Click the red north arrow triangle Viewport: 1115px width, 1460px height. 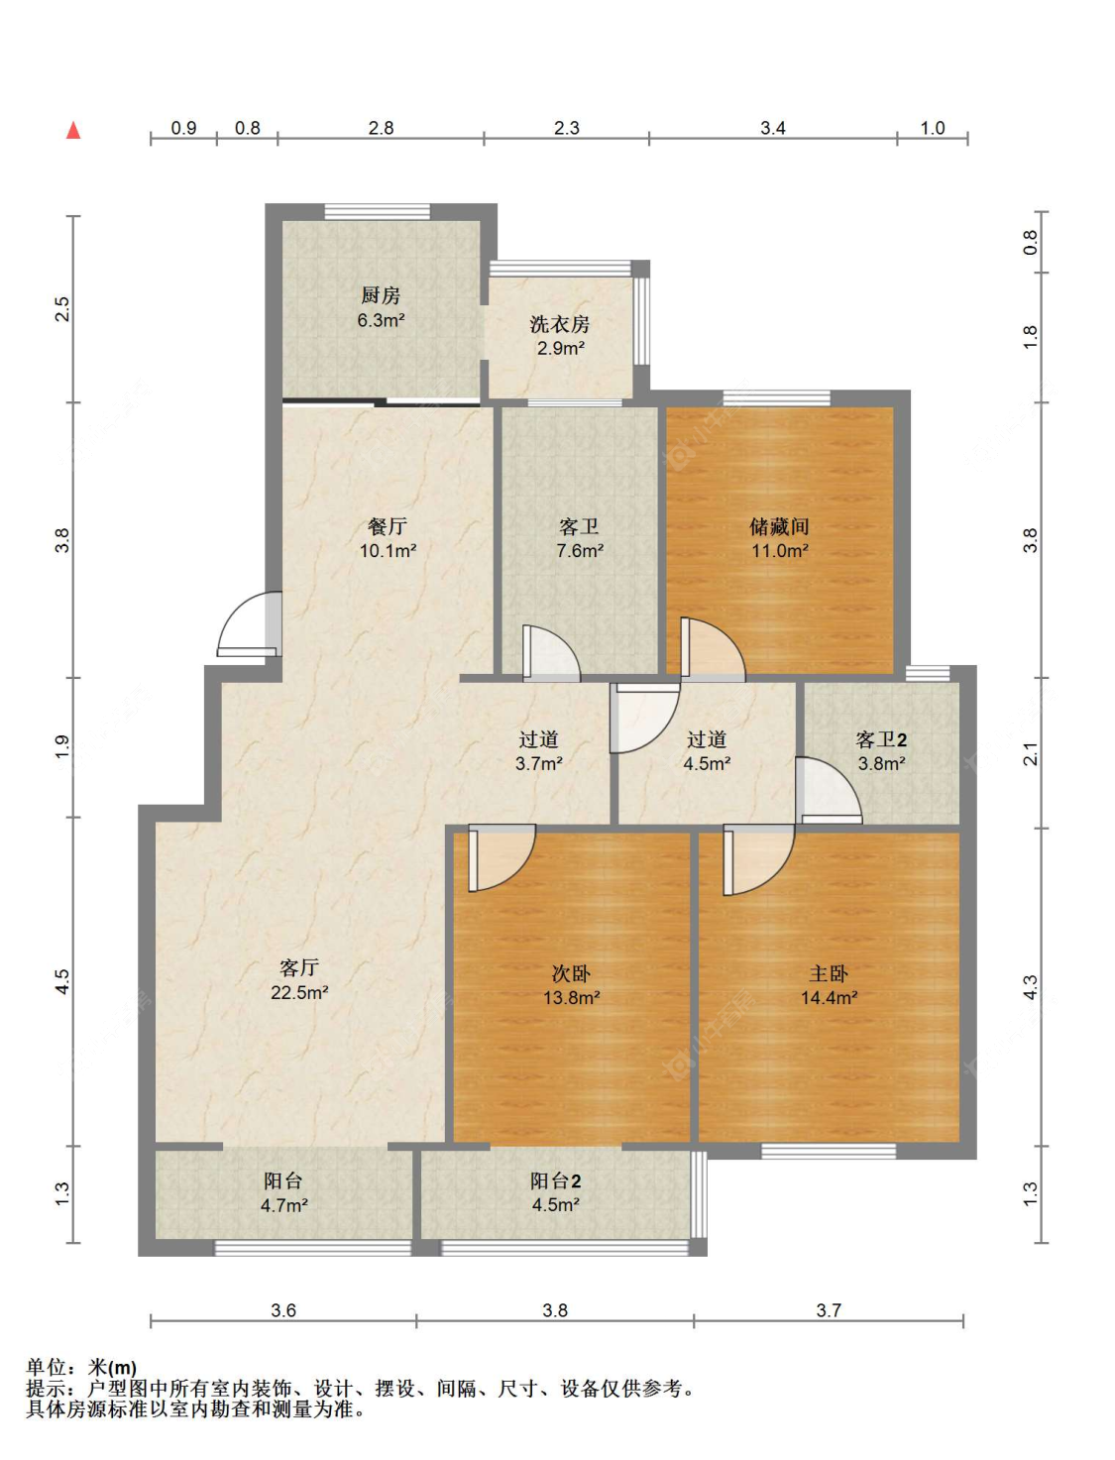73,131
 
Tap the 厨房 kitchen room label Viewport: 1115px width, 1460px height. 381,295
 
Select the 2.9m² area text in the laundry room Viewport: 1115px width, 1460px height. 561,348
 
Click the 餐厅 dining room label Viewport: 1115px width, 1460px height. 388,526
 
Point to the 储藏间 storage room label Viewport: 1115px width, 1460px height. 779,526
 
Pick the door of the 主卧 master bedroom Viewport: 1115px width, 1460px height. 758,858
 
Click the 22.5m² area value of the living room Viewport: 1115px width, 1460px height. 299,993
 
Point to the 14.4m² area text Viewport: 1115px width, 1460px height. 829,998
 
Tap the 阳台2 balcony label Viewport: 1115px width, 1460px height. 556,1181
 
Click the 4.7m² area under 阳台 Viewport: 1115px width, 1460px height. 283,1205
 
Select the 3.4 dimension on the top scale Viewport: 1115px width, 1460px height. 773,128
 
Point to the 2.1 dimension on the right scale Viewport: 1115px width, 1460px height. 1030,754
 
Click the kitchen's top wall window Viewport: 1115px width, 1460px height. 377,211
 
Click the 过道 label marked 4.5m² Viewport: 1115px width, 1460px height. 706,739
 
